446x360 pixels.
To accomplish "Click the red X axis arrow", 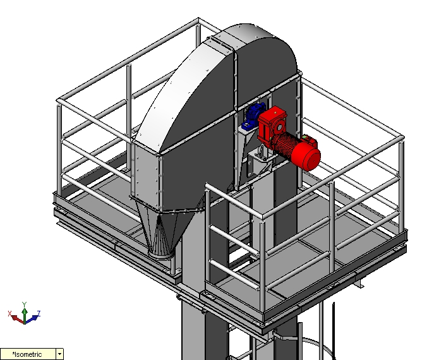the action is (x=17, y=319).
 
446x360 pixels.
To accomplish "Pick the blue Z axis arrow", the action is (x=32, y=318).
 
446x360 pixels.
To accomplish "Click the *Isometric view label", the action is (x=27, y=354).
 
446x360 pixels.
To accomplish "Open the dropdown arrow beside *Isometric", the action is (x=60, y=354).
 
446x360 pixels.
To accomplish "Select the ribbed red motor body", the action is (x=286, y=146).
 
